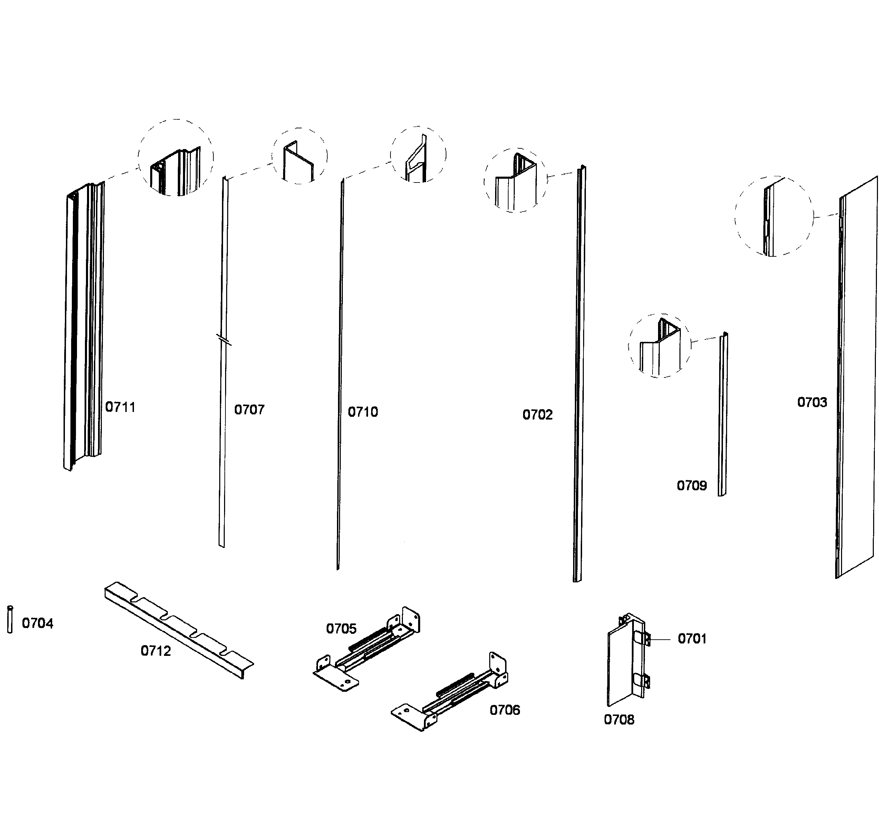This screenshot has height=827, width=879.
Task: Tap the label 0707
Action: pyautogui.click(x=249, y=410)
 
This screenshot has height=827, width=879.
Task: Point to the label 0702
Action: pyautogui.click(x=537, y=414)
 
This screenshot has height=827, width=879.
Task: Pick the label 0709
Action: pyautogui.click(x=692, y=485)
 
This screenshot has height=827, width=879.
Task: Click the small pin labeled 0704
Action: pyautogui.click(x=10, y=620)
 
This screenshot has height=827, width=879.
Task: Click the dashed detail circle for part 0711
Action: pyautogui.click(x=176, y=157)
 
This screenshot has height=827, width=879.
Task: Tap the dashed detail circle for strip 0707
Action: pyautogui.click(x=299, y=156)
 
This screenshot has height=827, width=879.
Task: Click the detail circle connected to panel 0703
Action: pyautogui.click(x=774, y=216)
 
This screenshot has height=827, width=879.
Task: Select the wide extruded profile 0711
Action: pyautogui.click(x=84, y=327)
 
